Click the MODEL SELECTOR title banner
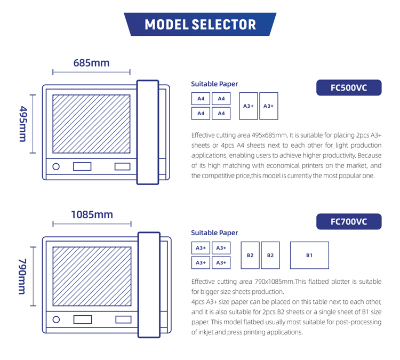tap(200, 25)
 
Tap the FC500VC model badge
tap(349, 88)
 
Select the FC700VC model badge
tap(349, 221)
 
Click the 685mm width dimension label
tap(91, 63)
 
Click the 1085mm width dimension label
tap(92, 214)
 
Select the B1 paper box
tap(309, 255)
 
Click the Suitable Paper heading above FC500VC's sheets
tap(214, 84)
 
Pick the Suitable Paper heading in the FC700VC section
tap(214, 233)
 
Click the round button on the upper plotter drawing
tap(56, 167)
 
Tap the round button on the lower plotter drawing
tap(56, 319)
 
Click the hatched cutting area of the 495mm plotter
tap(91, 124)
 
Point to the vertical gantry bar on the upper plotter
tap(148, 132)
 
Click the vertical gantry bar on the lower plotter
tap(149, 285)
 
